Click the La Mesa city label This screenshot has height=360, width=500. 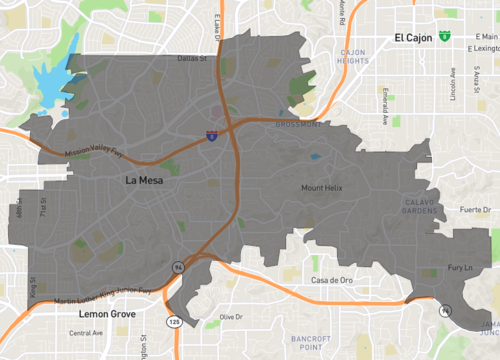pos(146,181)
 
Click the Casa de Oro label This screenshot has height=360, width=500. pos(334,280)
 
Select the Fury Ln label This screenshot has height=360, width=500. pos(459,269)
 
